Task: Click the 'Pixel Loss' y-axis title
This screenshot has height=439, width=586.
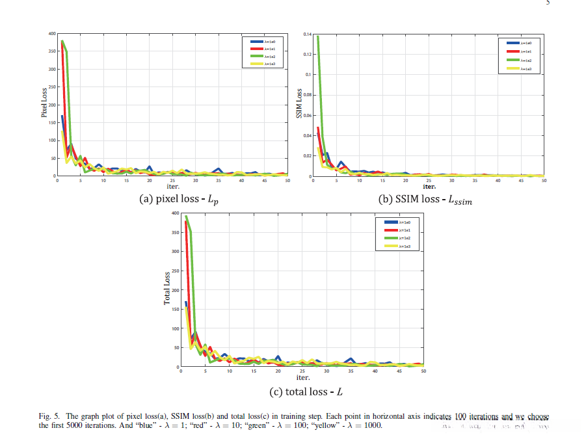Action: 44,105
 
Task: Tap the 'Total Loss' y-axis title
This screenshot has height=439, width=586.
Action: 167,289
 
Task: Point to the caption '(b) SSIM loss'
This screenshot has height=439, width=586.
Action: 425,200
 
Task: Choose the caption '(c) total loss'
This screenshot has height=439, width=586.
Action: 306,392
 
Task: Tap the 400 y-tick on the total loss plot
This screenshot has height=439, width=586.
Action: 174,213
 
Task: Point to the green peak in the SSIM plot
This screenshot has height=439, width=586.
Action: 317,36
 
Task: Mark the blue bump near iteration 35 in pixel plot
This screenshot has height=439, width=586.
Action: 219,170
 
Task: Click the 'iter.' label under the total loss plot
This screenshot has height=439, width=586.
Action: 303,377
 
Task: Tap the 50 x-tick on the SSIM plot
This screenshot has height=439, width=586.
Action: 544,180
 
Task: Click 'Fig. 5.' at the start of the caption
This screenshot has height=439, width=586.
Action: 50,416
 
